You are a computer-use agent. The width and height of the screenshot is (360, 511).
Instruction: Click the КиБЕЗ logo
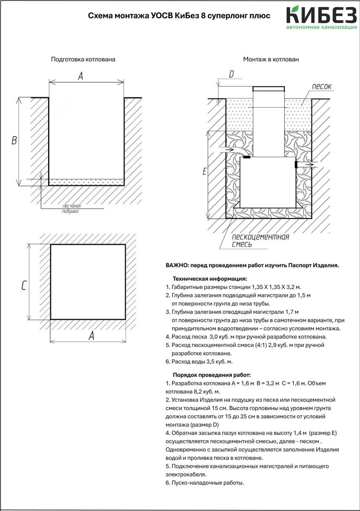322,17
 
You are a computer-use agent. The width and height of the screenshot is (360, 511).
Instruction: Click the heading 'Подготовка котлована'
83,60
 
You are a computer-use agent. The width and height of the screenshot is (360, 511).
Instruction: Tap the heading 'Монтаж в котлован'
271,60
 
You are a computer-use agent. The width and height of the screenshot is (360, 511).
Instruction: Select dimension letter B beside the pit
14,141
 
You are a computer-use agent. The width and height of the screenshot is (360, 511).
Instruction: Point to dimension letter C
24,286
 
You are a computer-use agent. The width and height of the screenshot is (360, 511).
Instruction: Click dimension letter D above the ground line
231,75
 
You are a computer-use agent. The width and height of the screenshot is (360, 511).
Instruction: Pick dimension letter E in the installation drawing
204,172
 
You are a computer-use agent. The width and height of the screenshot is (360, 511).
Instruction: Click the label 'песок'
321,87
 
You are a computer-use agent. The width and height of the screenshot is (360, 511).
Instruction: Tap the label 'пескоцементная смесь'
260,241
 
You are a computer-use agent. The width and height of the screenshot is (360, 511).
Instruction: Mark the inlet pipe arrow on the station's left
226,150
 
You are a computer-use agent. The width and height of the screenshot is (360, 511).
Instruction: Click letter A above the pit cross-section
80,76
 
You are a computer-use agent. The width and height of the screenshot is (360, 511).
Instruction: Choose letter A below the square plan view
91,336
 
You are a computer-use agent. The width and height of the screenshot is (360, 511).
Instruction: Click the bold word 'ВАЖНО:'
177,265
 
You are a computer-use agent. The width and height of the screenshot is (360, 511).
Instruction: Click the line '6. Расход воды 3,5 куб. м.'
199,362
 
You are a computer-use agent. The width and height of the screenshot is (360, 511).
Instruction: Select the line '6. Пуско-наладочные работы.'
204,483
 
